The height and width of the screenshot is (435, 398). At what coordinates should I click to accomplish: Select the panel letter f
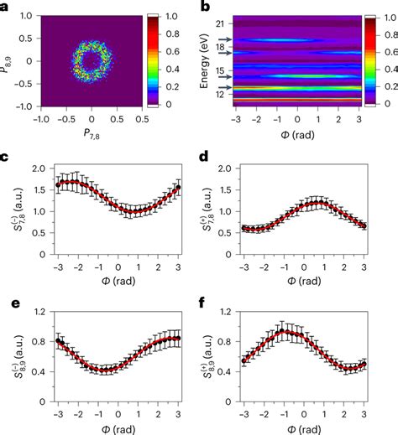(x=208, y=299)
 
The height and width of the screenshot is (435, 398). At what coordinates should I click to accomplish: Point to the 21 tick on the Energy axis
(x=232, y=24)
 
